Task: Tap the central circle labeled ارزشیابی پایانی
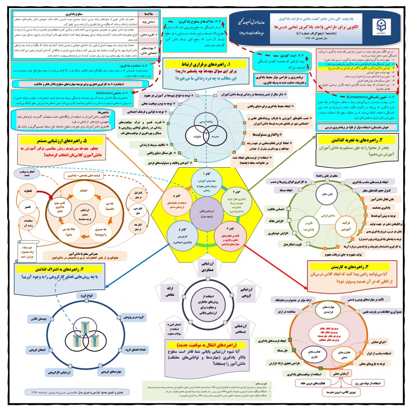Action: pos(207,214)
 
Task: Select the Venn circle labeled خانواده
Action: pos(197,136)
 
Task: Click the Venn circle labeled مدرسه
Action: pos(215,136)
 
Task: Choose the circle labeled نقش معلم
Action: pos(327,194)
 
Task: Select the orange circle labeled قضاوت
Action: pos(28,191)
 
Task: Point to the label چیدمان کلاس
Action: pos(38,319)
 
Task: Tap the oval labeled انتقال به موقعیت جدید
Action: pos(27,174)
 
